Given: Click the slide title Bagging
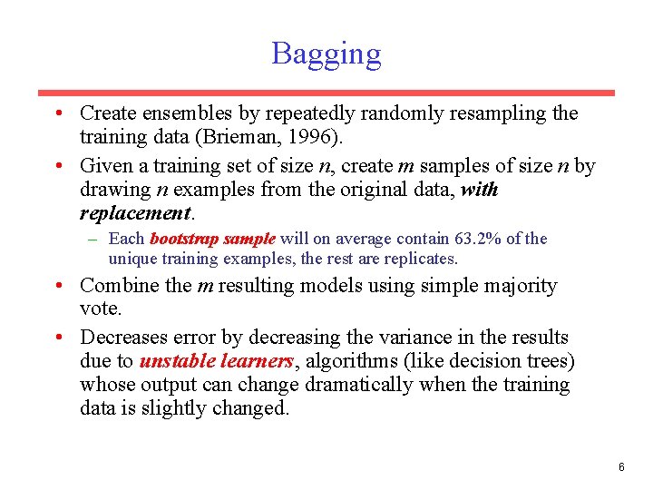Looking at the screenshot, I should coord(326,54).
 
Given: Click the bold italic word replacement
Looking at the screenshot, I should coord(135,214).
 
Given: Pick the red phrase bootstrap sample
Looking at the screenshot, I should coord(211,240).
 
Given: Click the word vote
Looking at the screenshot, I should coord(100,309).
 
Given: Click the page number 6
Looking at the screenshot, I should coord(621,467).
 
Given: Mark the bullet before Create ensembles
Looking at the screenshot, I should coord(57,114).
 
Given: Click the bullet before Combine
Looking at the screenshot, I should coord(57,286).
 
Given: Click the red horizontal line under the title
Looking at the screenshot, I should coord(326,93).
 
